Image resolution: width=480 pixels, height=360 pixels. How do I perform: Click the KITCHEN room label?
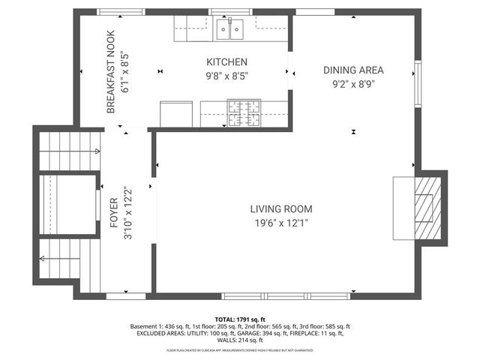pos(226,61)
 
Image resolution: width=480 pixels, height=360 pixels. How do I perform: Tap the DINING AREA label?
pos(349,70)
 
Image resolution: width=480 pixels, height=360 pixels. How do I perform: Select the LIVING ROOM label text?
pos(281,209)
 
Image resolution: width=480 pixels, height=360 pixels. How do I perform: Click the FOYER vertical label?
pos(114,212)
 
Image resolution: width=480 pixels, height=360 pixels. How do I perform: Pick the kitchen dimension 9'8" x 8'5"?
pos(226,75)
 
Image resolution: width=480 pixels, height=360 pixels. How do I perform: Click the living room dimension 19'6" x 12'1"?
pos(281,223)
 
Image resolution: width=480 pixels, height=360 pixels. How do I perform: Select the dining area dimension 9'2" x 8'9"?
pos(349,84)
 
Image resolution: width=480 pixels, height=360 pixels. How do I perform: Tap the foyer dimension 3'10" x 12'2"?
pos(127,212)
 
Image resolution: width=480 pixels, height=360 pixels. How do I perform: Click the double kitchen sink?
pos(230,29)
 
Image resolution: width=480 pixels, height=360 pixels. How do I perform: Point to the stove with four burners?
pos(244,114)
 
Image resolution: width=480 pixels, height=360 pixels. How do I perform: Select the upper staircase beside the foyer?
pos(69,150)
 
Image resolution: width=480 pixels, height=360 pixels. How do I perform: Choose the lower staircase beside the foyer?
pos(69,262)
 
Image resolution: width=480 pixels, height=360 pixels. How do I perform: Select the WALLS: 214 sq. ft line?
pos(239,341)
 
